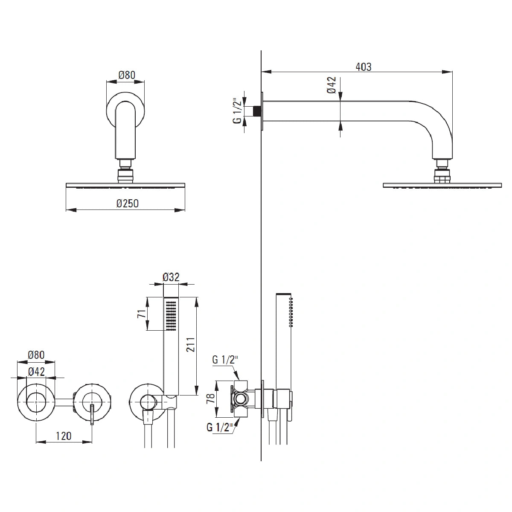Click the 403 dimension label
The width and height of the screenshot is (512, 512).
(363, 67)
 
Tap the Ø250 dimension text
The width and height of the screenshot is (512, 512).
(128, 204)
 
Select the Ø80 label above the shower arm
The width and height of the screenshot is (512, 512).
(127, 75)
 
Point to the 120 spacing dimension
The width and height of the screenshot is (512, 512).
(64, 436)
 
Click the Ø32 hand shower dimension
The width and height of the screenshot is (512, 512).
(171, 277)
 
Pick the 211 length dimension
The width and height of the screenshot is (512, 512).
(190, 345)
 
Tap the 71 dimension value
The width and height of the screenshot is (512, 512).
(143, 314)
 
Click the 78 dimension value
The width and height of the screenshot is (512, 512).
(211, 399)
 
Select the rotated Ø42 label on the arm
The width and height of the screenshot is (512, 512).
(332, 85)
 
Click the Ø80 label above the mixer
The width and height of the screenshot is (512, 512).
(36, 355)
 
